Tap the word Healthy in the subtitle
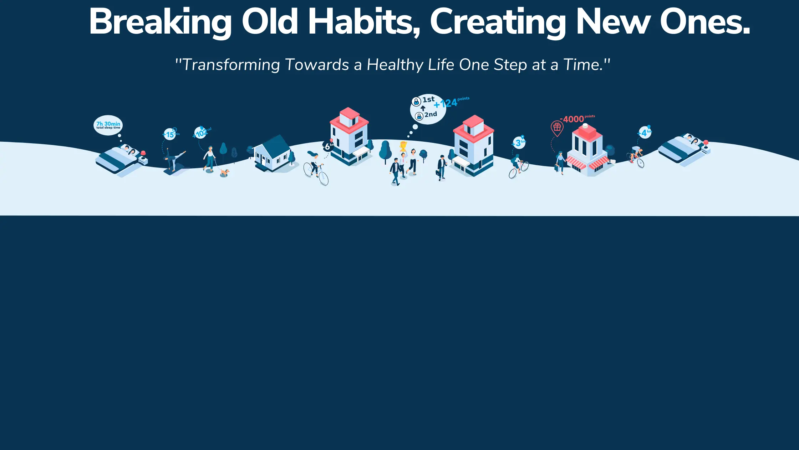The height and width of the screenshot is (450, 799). point(395,65)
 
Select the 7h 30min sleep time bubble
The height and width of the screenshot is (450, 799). point(108,125)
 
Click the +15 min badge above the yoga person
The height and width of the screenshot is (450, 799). point(170,134)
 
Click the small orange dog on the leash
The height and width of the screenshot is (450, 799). point(224,173)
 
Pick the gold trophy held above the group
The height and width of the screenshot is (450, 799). point(403,146)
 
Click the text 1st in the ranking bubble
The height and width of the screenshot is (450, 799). point(428,100)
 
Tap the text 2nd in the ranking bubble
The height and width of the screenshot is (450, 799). point(431,115)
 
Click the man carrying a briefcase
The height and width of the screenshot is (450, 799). point(442,167)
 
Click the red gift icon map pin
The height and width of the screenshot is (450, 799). point(557,128)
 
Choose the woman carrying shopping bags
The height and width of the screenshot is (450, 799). point(560,162)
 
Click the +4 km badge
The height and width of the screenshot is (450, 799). point(645,132)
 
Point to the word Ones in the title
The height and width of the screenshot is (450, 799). point(705,22)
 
